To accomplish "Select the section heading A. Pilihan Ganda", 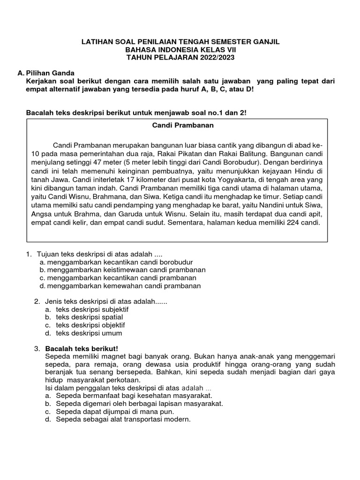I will tap(45, 73).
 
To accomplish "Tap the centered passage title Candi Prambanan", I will tap(177, 126).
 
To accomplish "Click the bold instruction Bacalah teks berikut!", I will tap(82, 348).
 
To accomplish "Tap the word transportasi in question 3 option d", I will tap(127, 419).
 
